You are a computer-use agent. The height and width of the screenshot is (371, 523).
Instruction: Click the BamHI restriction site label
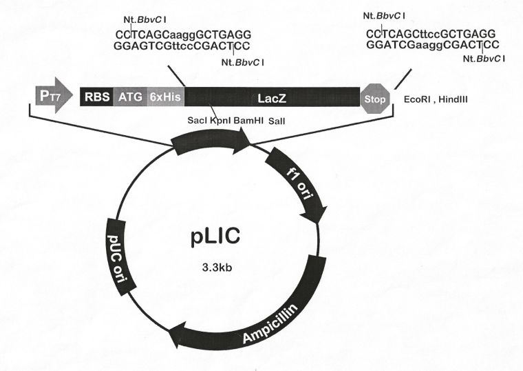coord(247,121)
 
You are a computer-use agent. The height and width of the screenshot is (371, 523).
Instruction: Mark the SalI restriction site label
coord(276,121)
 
